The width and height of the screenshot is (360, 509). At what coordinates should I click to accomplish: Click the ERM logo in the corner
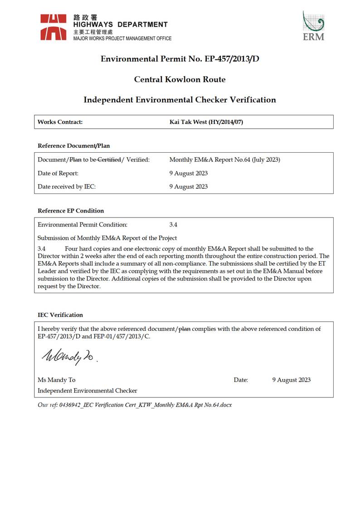tap(313, 26)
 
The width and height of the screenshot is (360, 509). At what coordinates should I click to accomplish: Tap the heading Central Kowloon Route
tap(180, 79)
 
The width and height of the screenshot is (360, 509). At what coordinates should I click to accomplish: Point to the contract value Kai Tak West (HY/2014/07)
tap(206, 122)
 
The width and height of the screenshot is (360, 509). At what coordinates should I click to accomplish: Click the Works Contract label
tap(60, 122)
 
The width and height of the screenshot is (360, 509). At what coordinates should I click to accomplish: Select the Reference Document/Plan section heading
tap(73, 146)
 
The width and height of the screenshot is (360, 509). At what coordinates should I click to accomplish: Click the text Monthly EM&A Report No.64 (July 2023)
tap(224, 160)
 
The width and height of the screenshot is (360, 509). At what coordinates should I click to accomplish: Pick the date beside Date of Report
tap(188, 173)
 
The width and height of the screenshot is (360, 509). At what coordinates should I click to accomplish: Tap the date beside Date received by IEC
tap(188, 186)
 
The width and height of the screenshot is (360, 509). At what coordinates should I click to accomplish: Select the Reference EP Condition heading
tap(71, 211)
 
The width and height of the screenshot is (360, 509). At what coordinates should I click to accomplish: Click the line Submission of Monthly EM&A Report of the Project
tap(107, 238)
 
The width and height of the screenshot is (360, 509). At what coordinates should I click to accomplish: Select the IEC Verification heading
tap(60, 315)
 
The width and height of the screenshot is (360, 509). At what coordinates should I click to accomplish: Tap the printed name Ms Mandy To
tap(57, 380)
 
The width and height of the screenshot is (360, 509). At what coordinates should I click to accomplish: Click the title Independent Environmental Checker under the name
tap(88, 390)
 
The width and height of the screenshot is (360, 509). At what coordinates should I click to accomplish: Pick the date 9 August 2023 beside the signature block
tap(291, 380)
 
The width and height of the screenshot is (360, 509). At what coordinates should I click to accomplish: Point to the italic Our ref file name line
tap(135, 405)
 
